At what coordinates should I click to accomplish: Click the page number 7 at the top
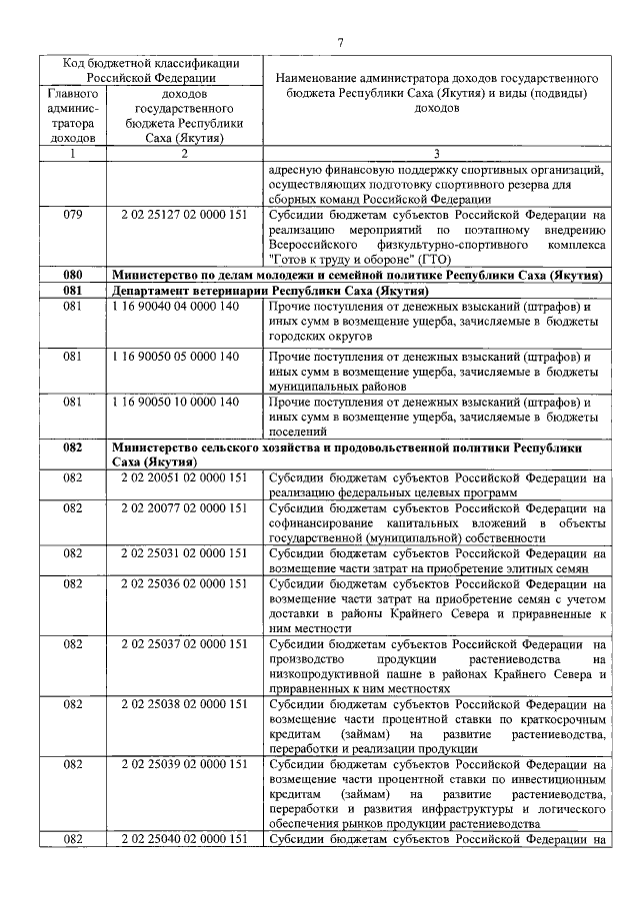[x=340, y=41]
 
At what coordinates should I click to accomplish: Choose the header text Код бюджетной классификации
[x=145, y=63]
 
